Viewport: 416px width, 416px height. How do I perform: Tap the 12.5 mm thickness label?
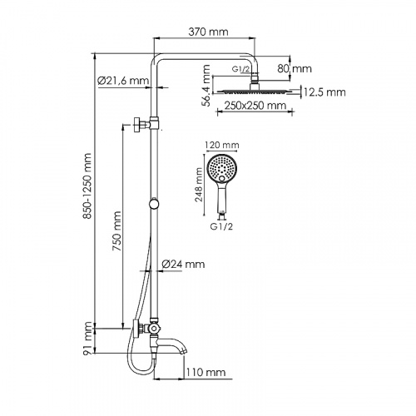324,92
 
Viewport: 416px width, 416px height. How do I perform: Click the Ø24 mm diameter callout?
182,264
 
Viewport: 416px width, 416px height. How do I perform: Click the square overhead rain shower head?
253,92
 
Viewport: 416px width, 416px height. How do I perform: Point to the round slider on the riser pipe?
153,204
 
